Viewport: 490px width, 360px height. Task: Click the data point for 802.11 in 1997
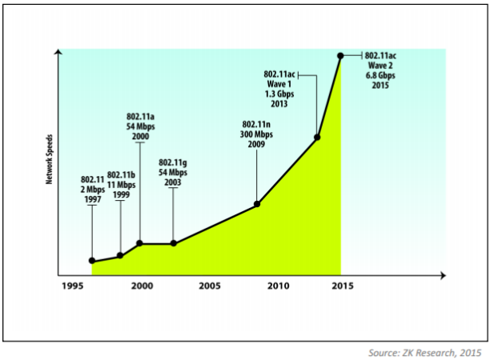coord(93,261)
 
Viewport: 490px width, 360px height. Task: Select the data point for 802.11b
coord(120,255)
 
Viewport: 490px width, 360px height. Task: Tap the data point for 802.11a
coord(140,243)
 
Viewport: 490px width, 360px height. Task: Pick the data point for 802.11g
coord(173,243)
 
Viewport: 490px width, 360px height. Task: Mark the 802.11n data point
coord(257,204)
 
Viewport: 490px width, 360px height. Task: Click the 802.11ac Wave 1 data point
coord(317,138)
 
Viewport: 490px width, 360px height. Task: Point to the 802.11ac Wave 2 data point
coord(340,55)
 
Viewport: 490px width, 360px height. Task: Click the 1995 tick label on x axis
coord(72,286)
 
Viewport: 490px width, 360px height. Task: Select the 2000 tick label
coord(142,286)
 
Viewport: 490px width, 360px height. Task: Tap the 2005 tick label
coord(210,286)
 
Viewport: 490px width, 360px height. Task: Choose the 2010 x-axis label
coord(278,286)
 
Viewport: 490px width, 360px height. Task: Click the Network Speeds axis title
coord(49,161)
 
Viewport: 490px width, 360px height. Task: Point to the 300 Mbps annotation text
coord(258,134)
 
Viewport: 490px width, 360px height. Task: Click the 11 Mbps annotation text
coord(121,184)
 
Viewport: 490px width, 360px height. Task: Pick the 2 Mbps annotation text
coord(93,189)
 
